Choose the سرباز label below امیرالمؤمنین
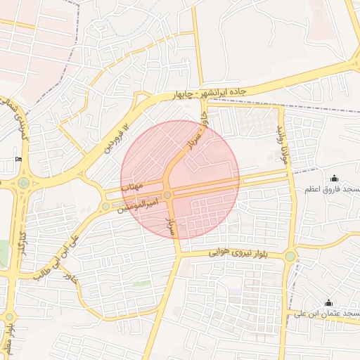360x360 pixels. point(169,225)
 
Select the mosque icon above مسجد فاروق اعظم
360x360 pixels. point(333,179)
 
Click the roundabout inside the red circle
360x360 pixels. point(167,195)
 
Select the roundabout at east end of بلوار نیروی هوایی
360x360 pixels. point(290,256)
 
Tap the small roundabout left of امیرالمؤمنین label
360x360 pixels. point(105,206)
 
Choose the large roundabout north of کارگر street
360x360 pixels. point(24,183)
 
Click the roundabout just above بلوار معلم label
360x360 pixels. point(9,316)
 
